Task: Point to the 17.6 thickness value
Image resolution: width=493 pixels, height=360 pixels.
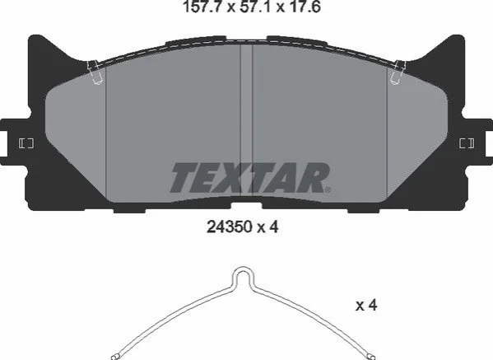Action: point(303,7)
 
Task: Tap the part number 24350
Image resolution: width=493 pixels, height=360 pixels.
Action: point(230,227)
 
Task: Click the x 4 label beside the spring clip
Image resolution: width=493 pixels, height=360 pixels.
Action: point(366,305)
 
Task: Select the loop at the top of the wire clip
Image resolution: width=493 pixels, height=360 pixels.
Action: point(243,273)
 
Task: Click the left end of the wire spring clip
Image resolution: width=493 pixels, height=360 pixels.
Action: point(114,358)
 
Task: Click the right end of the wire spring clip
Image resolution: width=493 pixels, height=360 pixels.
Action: point(371,358)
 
